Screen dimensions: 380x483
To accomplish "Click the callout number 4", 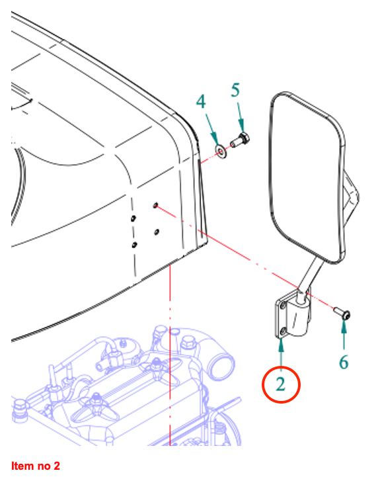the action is pyautogui.click(x=201, y=101).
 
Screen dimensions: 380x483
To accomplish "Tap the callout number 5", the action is pyautogui.click(x=235, y=90).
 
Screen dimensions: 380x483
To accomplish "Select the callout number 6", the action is pyautogui.click(x=344, y=362).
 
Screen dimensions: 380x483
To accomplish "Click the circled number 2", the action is pyautogui.click(x=280, y=384).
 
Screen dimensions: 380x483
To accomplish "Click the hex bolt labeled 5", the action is pyautogui.click(x=240, y=140).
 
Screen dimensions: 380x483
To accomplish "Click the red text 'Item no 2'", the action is pyautogui.click(x=36, y=466).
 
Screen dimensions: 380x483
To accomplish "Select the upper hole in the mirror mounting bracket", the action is pyautogui.click(x=283, y=306).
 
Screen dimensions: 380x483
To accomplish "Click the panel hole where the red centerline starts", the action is pyautogui.click(x=155, y=205).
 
